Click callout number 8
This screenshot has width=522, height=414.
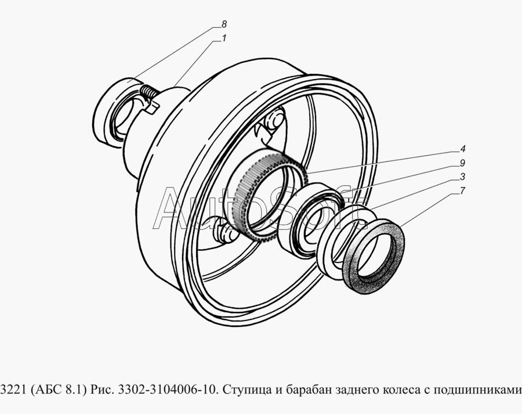pyautogui.click(x=224, y=24)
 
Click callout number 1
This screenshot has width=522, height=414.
pyautogui.click(x=224, y=38)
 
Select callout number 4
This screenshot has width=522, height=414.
pyautogui.click(x=463, y=149)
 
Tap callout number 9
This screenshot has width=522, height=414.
pyautogui.click(x=463, y=163)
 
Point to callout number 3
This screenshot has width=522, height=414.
pyautogui.click(x=463, y=177)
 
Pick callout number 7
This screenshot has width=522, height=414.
pyautogui.click(x=463, y=190)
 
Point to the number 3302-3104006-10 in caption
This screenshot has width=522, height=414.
pyautogui.click(x=169, y=390)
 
